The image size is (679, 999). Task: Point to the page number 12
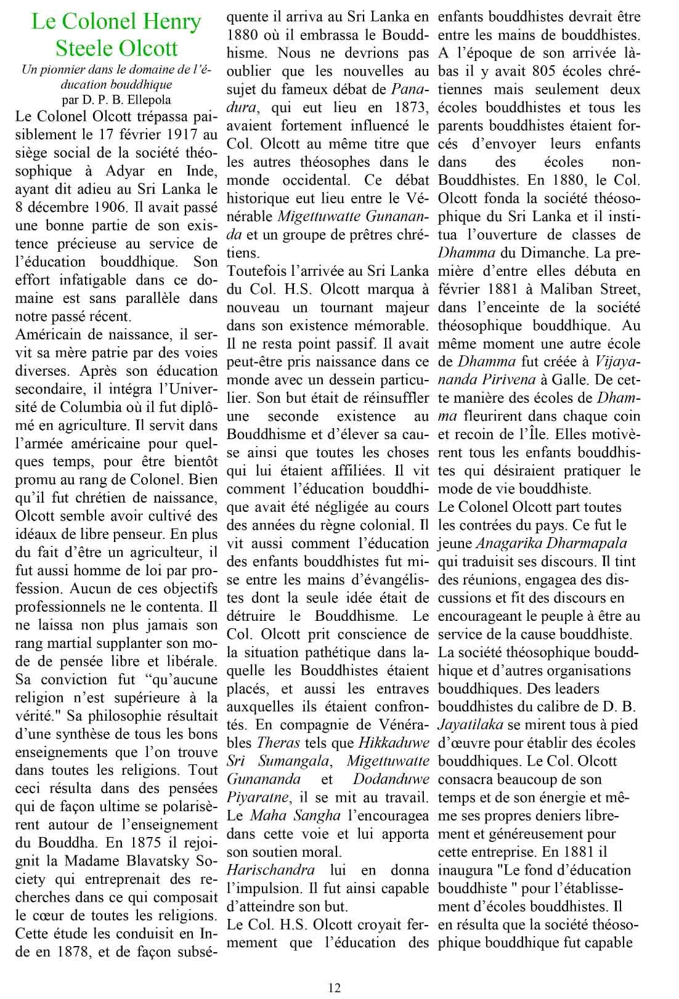[x=335, y=987]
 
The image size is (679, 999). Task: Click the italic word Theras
[x=274, y=743]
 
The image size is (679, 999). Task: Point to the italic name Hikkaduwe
[x=394, y=743]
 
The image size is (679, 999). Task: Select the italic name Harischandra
[x=271, y=870]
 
